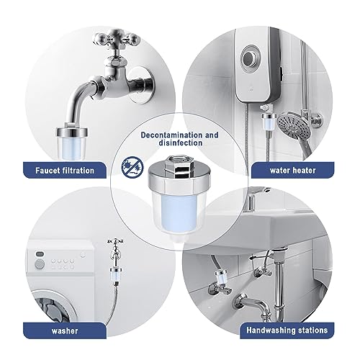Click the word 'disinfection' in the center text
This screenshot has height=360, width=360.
pyautogui.click(x=180, y=143)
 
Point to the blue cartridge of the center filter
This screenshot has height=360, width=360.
pyautogui.click(x=181, y=222)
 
